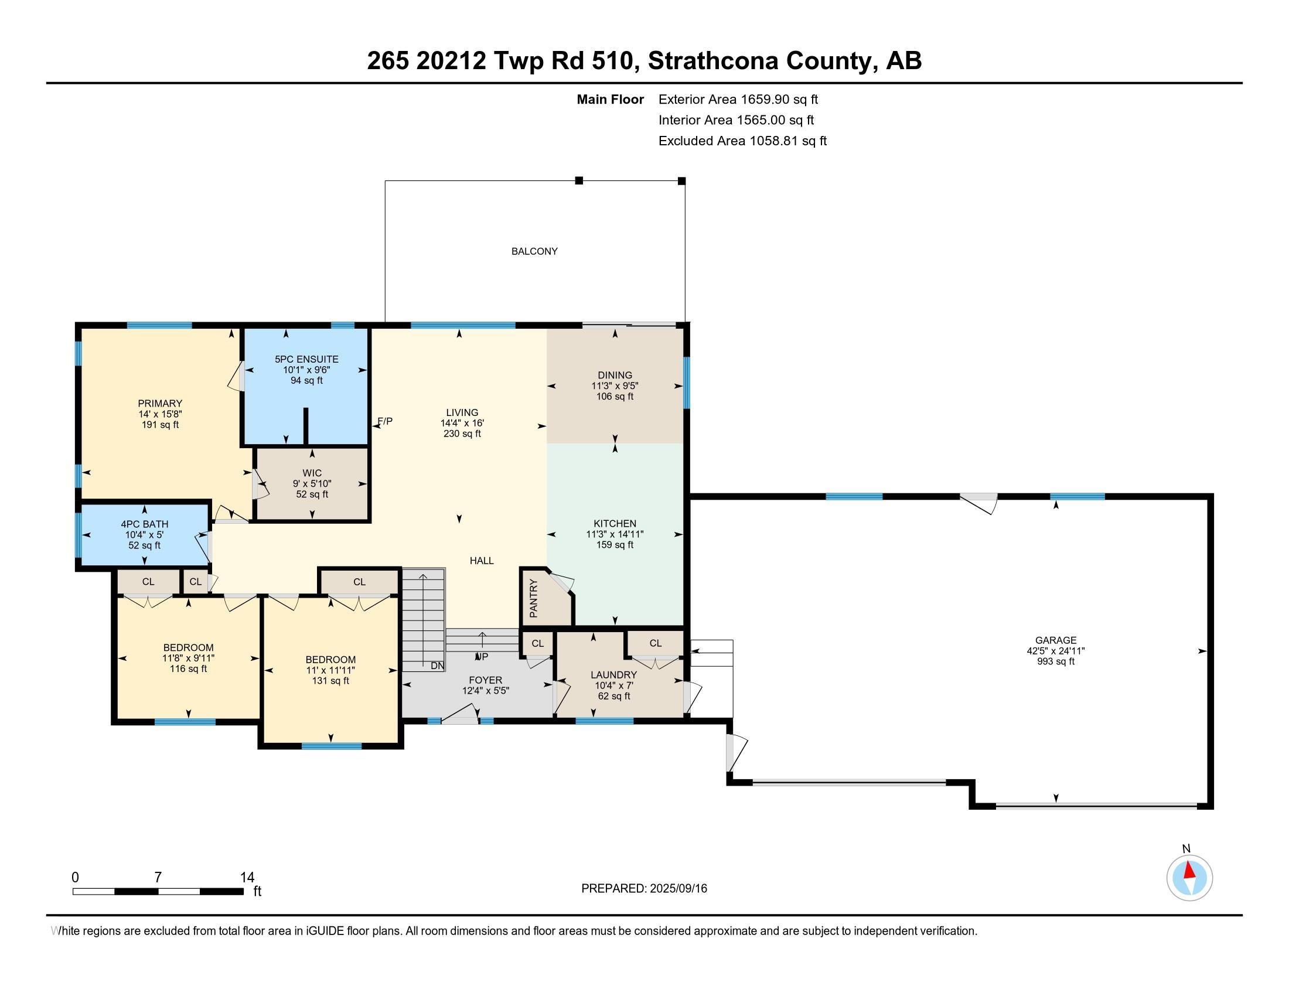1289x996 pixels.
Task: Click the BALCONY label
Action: tap(534, 251)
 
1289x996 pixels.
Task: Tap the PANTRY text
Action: tap(534, 599)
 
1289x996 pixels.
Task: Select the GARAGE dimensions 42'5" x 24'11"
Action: tap(1055, 651)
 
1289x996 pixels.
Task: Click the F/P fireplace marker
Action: tap(385, 421)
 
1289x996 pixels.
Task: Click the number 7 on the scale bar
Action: tap(158, 878)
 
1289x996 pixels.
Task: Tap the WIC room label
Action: tap(312, 473)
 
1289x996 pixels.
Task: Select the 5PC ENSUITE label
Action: tap(306, 359)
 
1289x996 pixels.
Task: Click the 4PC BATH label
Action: tap(145, 524)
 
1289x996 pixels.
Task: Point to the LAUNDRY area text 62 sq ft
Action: tap(614, 696)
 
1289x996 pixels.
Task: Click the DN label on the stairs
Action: tap(437, 666)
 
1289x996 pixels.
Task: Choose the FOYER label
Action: tap(485, 680)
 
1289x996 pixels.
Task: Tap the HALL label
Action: tap(482, 561)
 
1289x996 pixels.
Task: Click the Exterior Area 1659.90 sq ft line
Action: tap(738, 100)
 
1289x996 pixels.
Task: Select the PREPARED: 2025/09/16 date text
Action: tap(644, 889)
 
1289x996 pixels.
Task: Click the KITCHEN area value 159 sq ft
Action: tap(615, 545)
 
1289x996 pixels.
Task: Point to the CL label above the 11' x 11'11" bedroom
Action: tap(359, 582)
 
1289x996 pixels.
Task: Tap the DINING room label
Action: tap(615, 376)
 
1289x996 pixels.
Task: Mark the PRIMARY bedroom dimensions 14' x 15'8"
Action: tap(160, 414)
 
